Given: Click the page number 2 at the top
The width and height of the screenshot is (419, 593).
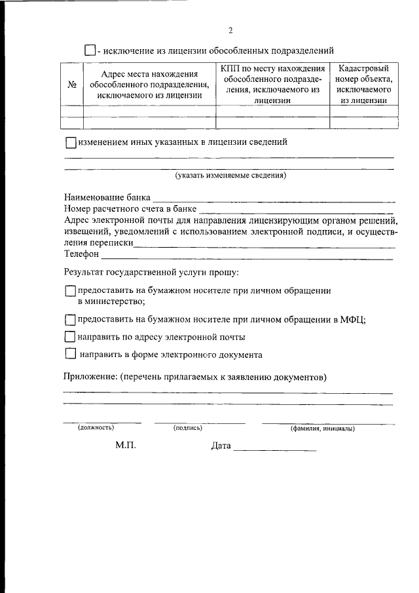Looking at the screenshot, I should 230,30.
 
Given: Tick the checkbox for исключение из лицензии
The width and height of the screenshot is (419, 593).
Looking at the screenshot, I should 90,50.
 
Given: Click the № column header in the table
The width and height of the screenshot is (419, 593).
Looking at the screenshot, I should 72,85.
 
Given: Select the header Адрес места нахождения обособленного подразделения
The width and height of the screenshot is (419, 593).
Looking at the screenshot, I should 149,85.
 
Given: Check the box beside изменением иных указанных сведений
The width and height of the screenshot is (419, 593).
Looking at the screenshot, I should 71,142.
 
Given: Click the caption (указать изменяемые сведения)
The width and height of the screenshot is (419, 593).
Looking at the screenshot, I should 230,176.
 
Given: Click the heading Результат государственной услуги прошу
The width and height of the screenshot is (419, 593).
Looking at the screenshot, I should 151,272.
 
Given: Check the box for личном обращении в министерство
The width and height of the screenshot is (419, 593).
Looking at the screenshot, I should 71,291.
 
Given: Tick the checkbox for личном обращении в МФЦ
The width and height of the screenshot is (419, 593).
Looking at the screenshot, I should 71,320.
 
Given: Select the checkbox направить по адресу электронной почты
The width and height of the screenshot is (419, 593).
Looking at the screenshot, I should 71,337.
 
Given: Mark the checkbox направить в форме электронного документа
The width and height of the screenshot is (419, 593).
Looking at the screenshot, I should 71,354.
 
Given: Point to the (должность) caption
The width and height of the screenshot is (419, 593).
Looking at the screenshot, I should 96,428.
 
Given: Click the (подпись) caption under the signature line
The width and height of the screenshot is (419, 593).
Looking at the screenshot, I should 188,428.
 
